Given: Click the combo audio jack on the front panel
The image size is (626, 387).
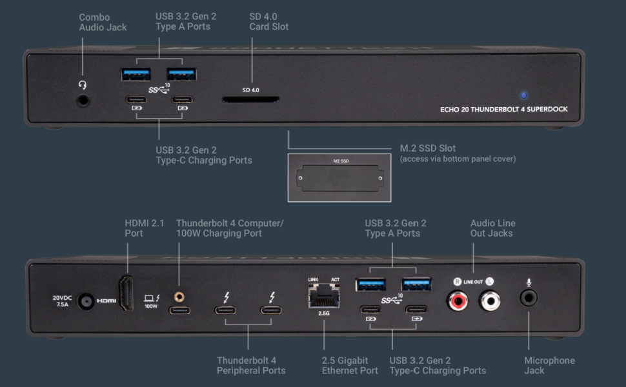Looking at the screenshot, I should pos(83,101).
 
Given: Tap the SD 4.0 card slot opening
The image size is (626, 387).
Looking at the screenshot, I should pos(250,100).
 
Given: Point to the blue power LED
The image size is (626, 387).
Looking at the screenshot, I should pos(523,95).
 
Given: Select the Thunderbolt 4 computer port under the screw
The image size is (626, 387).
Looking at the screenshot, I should pos(179,310).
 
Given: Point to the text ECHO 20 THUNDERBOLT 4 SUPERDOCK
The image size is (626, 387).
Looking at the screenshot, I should pos(503,109).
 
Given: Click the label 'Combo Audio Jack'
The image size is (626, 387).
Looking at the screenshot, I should pos(103,22).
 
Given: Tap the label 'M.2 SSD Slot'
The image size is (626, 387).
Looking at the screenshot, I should pos(428,148).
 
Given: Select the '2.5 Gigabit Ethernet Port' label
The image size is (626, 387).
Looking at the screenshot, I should pos(350,365).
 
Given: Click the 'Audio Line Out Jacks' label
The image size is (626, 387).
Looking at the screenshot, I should pos(492,228).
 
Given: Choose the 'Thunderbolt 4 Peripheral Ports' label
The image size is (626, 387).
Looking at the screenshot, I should pos(251,365).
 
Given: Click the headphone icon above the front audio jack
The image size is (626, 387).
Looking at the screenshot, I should pos(82,84).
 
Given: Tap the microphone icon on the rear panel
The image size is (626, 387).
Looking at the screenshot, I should pos(529,283).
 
